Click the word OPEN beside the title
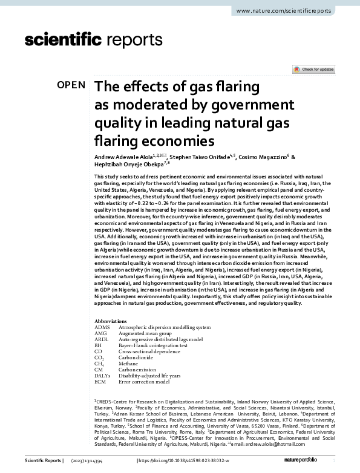tap(71, 85)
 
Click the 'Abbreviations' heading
tap(112, 321)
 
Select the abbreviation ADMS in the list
tap(103, 327)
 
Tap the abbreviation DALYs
tap(104, 376)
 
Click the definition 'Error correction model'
tap(144, 382)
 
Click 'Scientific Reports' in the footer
tap(42, 462)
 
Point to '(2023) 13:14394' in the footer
tap(91, 462)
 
